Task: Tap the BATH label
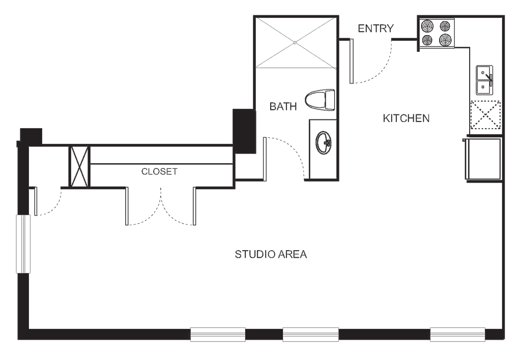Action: (283, 106)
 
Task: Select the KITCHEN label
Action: (406, 119)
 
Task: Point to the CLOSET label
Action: (159, 172)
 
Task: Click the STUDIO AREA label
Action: (271, 253)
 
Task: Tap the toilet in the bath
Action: (321, 99)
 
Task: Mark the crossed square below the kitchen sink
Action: (485, 115)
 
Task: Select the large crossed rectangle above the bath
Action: (296, 42)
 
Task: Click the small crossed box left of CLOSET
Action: (80, 166)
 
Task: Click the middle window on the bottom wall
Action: (311, 334)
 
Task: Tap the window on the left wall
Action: (23, 244)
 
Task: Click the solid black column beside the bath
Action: (244, 131)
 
